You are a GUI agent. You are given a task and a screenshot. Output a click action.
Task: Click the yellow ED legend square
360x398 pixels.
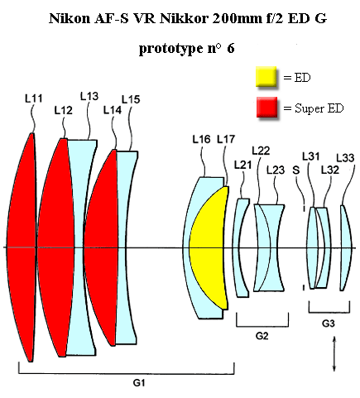point(266,77)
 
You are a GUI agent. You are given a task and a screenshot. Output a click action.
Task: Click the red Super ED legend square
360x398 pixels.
point(266,107)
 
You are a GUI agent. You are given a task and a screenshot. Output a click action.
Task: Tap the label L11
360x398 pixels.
point(34,98)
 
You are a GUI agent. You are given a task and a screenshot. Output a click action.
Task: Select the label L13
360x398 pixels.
point(89,96)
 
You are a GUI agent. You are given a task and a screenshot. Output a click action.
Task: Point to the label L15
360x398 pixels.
point(131,99)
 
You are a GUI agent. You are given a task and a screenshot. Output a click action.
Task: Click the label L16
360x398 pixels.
point(201,139)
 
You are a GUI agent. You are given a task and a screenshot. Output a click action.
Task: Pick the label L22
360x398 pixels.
point(261,151)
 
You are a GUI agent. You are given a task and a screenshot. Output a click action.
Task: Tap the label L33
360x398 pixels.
point(345,158)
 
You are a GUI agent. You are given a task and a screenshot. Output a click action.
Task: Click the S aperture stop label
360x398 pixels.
point(296,170)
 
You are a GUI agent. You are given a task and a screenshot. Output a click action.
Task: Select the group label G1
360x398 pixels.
point(139,383)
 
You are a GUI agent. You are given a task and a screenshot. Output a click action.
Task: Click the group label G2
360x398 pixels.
point(262,336)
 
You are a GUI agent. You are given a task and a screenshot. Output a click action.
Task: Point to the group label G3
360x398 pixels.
point(329,323)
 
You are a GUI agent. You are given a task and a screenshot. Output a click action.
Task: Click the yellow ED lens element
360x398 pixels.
point(209,248)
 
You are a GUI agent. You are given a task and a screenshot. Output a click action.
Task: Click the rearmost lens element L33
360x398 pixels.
point(347,247)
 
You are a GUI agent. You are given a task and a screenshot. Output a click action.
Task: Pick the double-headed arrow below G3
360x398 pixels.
point(334,354)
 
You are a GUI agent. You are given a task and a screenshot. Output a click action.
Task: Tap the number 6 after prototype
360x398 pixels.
point(231,49)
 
